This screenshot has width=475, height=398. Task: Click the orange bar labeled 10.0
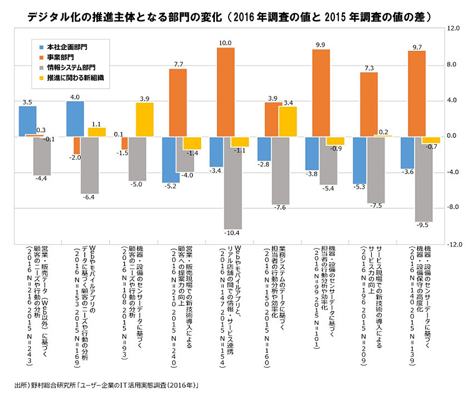coord(226,92)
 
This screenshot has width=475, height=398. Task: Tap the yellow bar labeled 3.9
coord(144,119)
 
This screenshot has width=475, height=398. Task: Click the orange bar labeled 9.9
coord(321,93)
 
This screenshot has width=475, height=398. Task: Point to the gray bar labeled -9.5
coord(416,178)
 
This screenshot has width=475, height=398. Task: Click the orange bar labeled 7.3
coord(369,104)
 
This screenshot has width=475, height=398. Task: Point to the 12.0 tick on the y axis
coord(453,28)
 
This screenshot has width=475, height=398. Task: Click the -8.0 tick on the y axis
coord(453,208)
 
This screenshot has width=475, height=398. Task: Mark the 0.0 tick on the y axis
coord(453,136)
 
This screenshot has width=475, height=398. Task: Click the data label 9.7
coord(416,46)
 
